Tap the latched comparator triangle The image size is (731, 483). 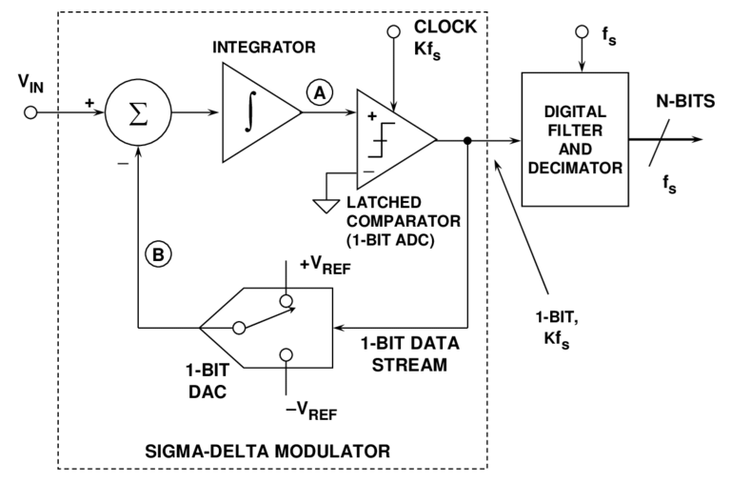[x=390, y=140]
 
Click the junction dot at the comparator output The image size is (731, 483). [x=467, y=140]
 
